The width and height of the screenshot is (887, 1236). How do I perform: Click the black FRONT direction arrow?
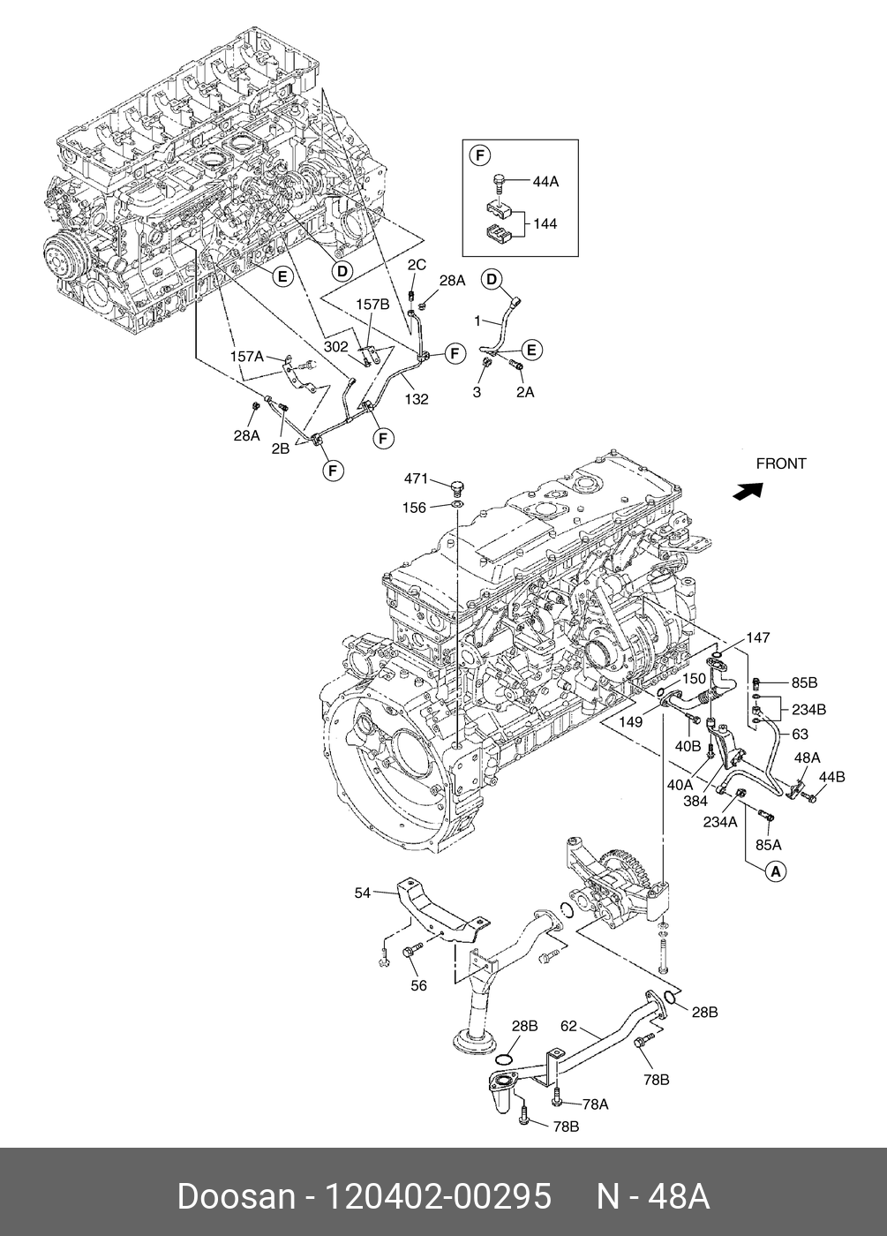[x=748, y=491]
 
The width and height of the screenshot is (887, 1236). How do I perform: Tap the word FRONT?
[x=781, y=464]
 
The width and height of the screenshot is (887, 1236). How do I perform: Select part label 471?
[x=417, y=479]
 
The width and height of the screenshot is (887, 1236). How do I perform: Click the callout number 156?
[x=414, y=508]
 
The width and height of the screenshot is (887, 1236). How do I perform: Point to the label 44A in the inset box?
[x=545, y=182]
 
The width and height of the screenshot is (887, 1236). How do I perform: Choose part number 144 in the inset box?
[x=545, y=224]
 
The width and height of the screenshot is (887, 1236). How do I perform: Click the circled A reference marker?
[x=776, y=872]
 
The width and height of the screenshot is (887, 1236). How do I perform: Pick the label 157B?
[x=372, y=304]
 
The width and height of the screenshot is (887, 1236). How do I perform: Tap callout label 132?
[x=417, y=399]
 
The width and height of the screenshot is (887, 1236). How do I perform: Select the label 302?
[x=336, y=346]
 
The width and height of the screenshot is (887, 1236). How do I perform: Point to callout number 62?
[x=568, y=1026]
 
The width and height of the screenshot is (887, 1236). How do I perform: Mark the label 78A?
[x=596, y=1104]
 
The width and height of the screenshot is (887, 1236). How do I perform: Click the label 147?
[x=758, y=637]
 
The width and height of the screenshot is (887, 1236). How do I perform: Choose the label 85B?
[x=804, y=683]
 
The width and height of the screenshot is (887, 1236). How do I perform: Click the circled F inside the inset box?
[x=480, y=156]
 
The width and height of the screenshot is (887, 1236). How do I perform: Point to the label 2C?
[x=417, y=265]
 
